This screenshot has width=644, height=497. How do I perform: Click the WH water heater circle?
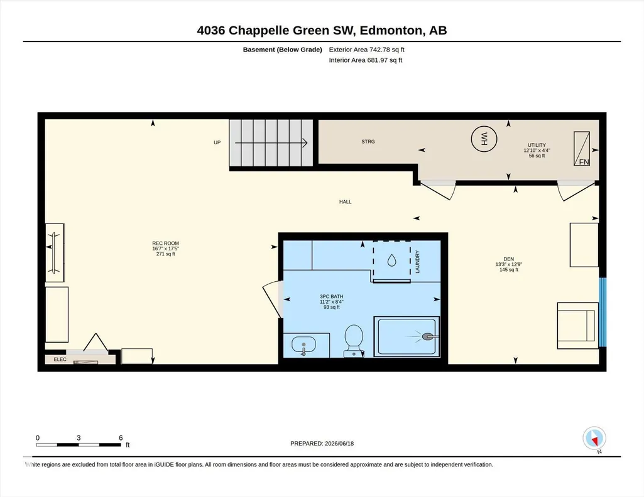point(484,139)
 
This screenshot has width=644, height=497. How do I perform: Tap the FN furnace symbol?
point(582,149)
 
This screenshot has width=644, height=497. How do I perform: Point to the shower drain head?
point(428,336)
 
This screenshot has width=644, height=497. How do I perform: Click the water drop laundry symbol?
point(392,260)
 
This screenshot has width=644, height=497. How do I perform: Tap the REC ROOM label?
point(165,243)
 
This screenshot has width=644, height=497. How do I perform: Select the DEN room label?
point(508,259)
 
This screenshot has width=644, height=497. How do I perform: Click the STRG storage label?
point(368,141)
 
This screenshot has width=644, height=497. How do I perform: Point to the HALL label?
point(346,202)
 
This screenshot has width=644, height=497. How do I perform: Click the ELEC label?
point(60,359)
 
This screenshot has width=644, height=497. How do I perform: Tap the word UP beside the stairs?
point(217,142)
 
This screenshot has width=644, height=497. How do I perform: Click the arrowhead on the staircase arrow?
point(305,142)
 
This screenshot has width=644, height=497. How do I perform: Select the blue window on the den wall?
point(603,312)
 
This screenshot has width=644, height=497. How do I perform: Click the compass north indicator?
point(594,439)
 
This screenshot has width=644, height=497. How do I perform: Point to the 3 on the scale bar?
point(79,437)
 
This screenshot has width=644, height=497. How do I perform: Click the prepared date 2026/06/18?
point(339,443)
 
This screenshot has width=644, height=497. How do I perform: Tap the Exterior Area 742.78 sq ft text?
point(367,50)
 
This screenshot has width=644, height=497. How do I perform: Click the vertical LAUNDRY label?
point(417,262)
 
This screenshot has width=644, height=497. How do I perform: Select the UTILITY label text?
point(537,145)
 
